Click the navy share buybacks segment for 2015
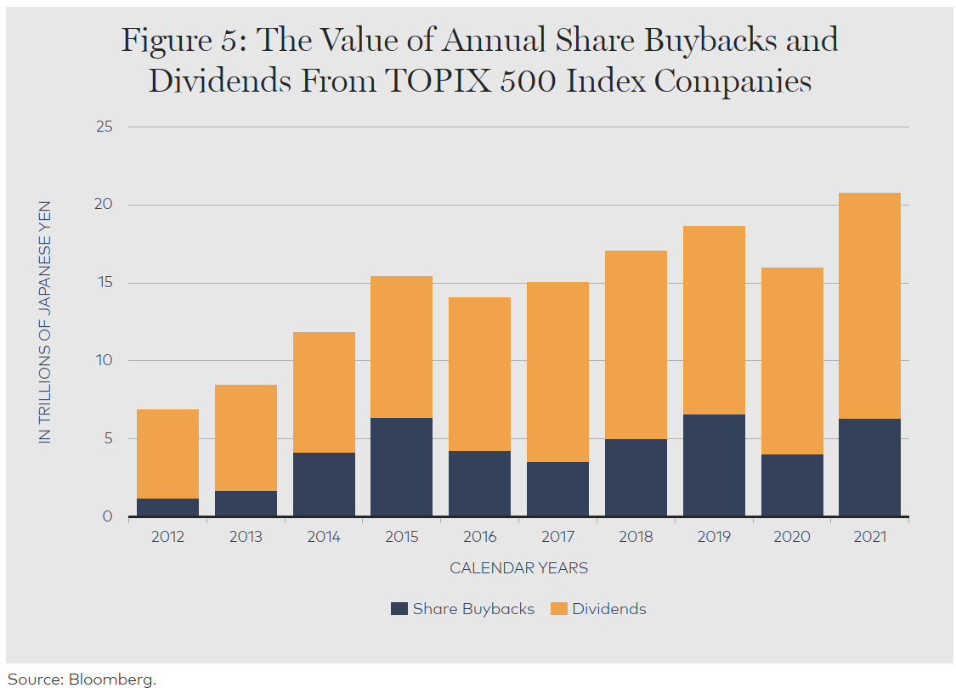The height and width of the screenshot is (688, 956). click(x=401, y=466)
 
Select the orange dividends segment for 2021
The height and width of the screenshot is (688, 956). click(x=869, y=306)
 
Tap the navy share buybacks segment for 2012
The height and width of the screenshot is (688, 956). click(x=167, y=507)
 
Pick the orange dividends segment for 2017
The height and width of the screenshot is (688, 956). click(x=557, y=372)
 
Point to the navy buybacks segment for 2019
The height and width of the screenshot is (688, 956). click(x=714, y=465)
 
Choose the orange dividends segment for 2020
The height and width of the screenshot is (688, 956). click(x=792, y=361)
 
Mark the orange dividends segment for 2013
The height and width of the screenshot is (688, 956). click(x=246, y=437)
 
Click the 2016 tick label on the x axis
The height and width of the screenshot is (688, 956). click(x=479, y=537)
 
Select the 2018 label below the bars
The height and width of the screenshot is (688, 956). click(x=636, y=537)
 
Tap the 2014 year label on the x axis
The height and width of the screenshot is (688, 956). click(x=324, y=537)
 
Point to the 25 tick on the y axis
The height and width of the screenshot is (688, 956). click(x=104, y=127)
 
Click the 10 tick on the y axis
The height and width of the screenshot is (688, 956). click(x=105, y=360)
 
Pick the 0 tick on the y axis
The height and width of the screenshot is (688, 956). click(x=108, y=516)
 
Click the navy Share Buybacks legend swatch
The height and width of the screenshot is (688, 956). click(x=399, y=609)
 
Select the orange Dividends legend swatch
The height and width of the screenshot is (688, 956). click(x=558, y=609)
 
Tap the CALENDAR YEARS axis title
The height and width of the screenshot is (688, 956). click(x=518, y=568)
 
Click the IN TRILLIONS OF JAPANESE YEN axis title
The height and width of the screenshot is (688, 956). click(x=45, y=322)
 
